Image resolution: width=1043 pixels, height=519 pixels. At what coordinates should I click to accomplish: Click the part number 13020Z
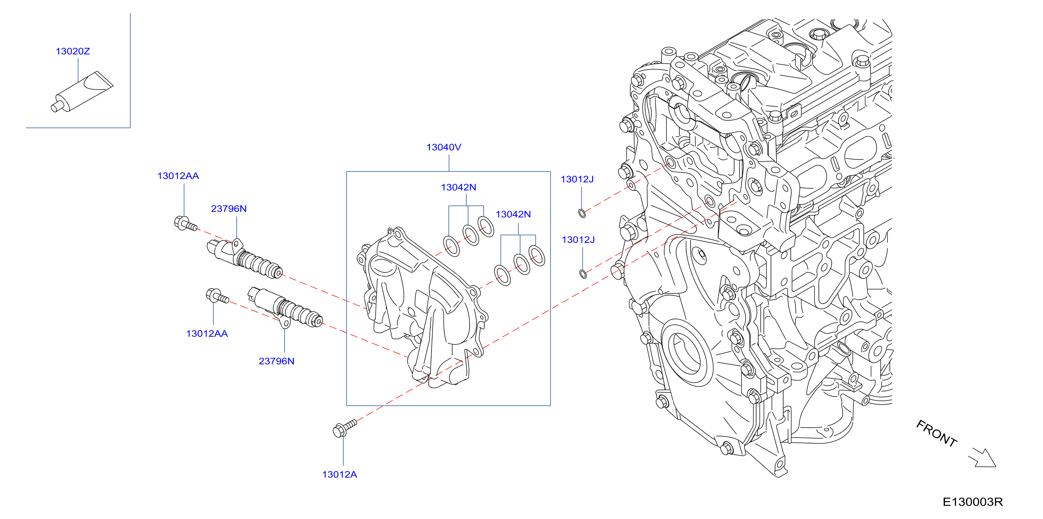pyautogui.click(x=73, y=51)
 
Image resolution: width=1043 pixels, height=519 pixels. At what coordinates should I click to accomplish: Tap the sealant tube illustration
pyautogui.click(x=82, y=92)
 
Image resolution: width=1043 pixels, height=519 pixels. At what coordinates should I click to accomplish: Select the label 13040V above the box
pyautogui.click(x=444, y=147)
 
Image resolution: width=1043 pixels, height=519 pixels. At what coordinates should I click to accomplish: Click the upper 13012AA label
pyautogui.click(x=178, y=176)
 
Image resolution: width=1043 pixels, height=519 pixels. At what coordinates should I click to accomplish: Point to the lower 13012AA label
pyautogui.click(x=207, y=334)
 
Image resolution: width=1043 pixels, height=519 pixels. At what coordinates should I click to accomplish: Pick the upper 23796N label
pyautogui.click(x=229, y=209)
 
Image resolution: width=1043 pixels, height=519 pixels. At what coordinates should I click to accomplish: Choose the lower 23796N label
pyautogui.click(x=277, y=361)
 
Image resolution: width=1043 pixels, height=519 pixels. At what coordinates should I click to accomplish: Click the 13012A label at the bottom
pyautogui.click(x=340, y=475)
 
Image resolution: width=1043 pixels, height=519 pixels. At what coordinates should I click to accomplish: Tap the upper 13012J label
pyautogui.click(x=577, y=179)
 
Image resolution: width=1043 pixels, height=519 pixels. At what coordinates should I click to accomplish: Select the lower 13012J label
pyautogui.click(x=578, y=240)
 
